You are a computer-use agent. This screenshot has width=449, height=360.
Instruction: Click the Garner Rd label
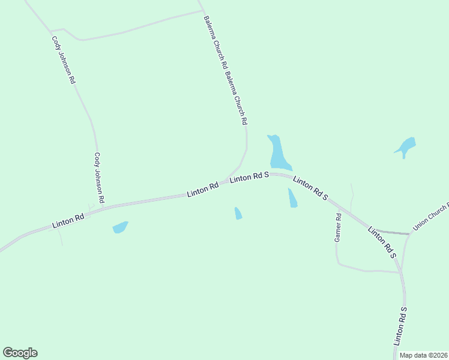click(x=338, y=228)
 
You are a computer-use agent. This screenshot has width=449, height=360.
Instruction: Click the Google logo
click(x=20, y=353)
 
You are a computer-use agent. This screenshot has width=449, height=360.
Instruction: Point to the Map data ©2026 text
click(x=424, y=355)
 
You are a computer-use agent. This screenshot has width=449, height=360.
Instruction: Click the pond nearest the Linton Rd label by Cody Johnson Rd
click(x=120, y=227)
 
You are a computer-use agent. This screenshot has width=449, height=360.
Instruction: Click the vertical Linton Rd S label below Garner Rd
click(x=400, y=326)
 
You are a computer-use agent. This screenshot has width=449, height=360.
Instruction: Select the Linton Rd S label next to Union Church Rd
click(x=383, y=242)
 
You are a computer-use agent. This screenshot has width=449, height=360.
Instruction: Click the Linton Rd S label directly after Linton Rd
click(x=249, y=177)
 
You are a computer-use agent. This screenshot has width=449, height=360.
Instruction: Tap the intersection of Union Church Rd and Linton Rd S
click(x=409, y=233)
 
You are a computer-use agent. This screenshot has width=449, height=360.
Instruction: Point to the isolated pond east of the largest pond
click(x=406, y=146)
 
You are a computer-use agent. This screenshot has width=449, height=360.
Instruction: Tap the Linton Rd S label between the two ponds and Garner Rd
click(x=310, y=187)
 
